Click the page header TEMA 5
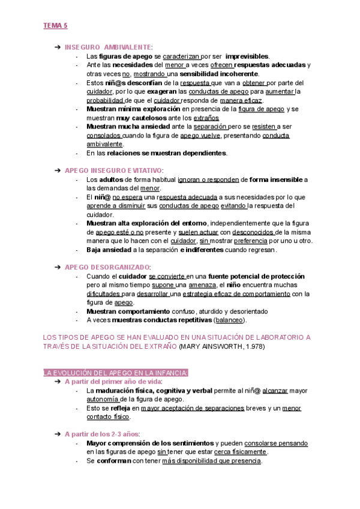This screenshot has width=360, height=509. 55,26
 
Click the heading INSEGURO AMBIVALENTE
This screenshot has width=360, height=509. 108,47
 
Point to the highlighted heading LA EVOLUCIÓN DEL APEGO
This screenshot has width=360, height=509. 116,373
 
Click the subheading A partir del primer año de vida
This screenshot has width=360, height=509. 113,381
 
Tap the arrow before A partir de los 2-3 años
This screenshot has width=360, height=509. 56,433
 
